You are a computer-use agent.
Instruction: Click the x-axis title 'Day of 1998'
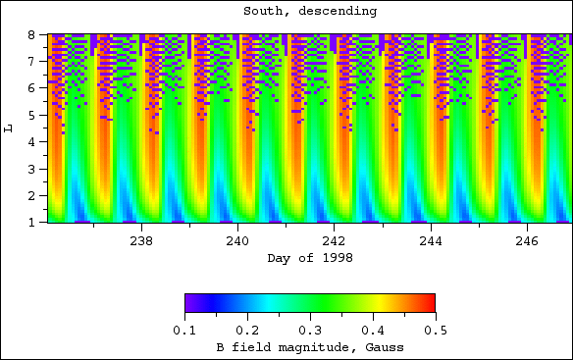pos(309,258)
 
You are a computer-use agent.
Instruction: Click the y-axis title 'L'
pos(10,128)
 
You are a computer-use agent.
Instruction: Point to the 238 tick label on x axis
pos(141,240)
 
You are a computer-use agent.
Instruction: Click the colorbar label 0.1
pos(184,332)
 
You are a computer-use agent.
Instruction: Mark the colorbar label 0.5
pos(435,332)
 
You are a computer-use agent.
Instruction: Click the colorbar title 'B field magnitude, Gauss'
pos(309,348)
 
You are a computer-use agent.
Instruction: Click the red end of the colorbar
pos(430,302)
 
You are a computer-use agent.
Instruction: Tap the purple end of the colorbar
pos(189,302)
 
